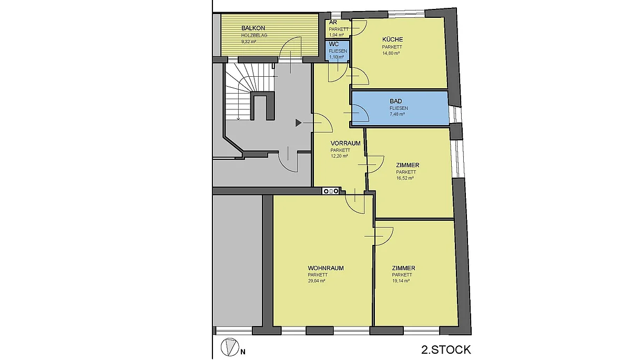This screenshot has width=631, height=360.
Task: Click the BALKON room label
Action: point(253,28)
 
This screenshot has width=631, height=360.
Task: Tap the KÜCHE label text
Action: point(392,39)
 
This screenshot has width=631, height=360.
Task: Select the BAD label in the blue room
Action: point(396,101)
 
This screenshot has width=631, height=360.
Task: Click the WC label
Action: point(334,45)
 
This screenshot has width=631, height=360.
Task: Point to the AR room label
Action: point(333,23)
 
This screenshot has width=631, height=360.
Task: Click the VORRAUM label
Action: point(345,143)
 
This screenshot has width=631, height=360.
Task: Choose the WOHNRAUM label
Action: point(325,268)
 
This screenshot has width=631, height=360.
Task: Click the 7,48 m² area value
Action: point(397,114)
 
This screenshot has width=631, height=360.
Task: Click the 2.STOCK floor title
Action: point(446,350)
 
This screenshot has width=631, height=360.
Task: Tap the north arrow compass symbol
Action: point(230,347)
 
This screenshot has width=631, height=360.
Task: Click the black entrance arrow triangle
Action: point(299,123)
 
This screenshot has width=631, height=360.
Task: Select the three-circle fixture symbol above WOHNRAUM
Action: point(330,191)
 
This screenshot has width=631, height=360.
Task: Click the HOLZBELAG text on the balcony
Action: point(254,35)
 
